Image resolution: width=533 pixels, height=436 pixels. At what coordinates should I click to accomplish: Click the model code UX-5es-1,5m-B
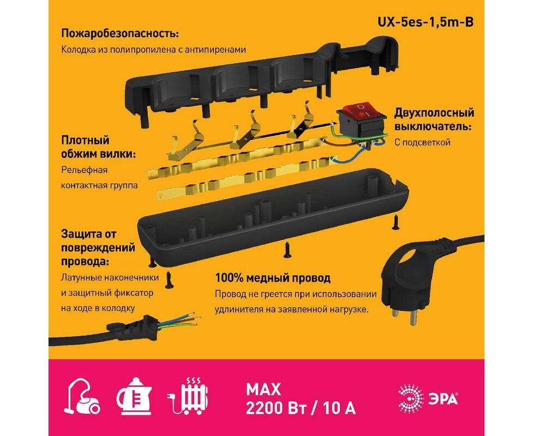[x=426, y=22]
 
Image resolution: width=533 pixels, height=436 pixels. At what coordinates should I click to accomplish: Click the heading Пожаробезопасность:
[x=120, y=34]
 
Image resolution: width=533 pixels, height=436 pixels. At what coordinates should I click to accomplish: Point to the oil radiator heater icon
[x=189, y=396]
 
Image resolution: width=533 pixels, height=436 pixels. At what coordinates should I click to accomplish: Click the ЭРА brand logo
[x=428, y=398]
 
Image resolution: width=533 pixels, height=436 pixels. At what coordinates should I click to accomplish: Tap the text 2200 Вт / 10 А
[x=301, y=408]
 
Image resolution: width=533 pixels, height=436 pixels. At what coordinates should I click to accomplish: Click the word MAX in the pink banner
[x=263, y=390]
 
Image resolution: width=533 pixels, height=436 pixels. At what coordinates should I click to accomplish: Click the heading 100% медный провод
[x=272, y=278]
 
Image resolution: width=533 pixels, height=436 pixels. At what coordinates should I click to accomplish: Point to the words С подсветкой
[x=422, y=142]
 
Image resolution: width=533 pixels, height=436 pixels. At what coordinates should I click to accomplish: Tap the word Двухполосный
[x=434, y=112]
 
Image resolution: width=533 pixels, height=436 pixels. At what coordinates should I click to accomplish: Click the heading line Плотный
[x=86, y=141]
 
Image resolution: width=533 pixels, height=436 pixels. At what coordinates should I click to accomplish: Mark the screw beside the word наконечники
[x=168, y=280]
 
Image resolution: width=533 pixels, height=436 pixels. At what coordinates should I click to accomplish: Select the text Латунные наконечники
[x=110, y=277]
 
